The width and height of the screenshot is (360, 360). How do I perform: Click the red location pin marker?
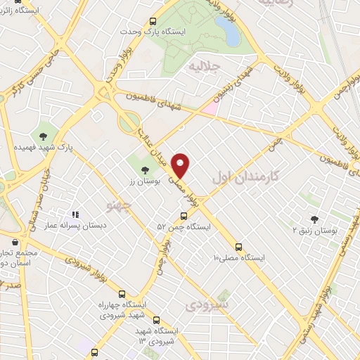pyautogui.click(x=181, y=165)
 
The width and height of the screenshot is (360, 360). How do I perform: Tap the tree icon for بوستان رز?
pyautogui.click(x=145, y=169)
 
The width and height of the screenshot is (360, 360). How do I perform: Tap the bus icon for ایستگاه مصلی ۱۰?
pyautogui.click(x=239, y=247)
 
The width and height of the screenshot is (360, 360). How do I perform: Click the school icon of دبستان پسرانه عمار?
pyautogui.click(x=75, y=214)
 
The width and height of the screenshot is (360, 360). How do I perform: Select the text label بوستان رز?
pyautogui.click(x=144, y=182)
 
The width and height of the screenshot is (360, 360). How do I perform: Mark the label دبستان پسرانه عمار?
pyautogui.click(x=75, y=226)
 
